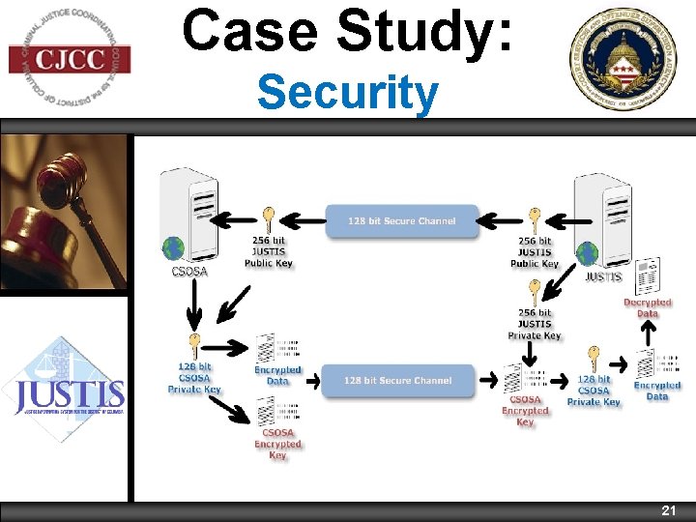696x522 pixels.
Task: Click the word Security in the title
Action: click(347, 95)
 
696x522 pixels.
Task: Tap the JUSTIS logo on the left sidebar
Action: click(66, 391)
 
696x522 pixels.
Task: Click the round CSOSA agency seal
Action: click(629, 59)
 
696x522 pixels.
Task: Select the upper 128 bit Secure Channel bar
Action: click(402, 221)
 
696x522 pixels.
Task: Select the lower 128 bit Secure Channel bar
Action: click(397, 381)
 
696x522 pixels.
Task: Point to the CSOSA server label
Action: click(189, 272)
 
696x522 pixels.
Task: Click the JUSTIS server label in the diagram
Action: click(603, 276)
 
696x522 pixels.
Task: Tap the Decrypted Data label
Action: click(647, 307)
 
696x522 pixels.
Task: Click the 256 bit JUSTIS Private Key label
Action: click(534, 324)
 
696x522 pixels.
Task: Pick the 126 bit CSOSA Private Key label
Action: click(194, 378)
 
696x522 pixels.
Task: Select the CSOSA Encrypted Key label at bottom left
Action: click(277, 444)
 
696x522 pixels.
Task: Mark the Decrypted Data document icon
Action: click(648, 275)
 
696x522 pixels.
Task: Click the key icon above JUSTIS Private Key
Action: click(535, 291)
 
